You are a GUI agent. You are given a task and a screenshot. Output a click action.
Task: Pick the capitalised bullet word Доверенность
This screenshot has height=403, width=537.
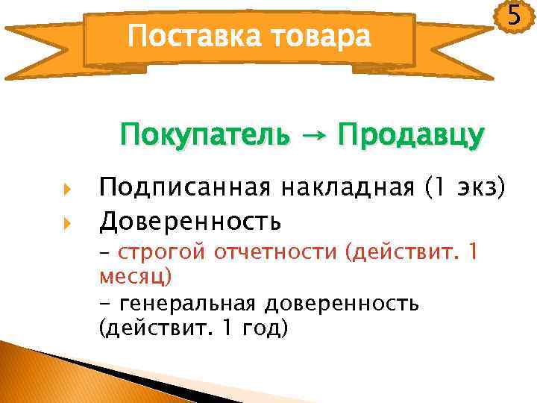click(x=191, y=221)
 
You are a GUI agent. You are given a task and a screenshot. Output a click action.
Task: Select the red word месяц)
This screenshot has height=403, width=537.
click(x=135, y=277)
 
